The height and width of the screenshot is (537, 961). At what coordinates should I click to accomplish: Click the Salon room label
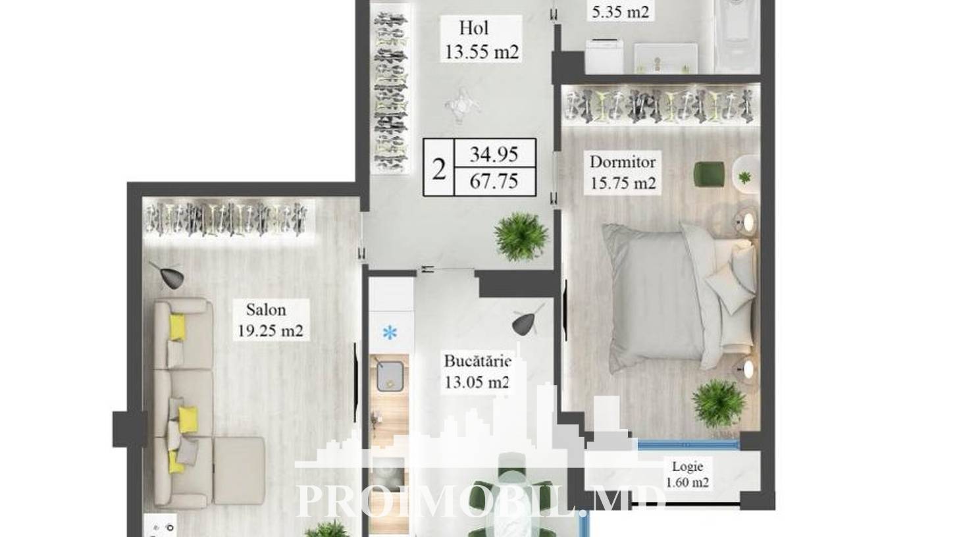tap(266, 310)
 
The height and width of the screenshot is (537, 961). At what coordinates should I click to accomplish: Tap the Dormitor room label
tap(623, 162)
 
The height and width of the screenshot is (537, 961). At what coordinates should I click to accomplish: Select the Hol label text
tap(474, 28)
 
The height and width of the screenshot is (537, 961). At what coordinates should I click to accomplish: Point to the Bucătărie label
tap(477, 361)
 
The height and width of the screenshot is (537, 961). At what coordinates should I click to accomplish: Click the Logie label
tap(687, 466)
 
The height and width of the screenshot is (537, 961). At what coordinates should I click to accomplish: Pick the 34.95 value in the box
tap(494, 155)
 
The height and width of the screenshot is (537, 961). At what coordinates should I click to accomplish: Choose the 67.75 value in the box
tap(494, 181)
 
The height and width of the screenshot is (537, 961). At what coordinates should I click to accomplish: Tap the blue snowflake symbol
tap(390, 333)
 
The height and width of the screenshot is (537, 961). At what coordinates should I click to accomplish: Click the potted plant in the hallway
tap(521, 237)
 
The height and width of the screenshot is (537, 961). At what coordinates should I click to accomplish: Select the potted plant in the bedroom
tap(719, 403)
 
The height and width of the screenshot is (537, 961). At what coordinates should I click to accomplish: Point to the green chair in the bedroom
tap(709, 174)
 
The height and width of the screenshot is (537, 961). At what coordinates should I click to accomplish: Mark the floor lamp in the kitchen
tap(527, 320)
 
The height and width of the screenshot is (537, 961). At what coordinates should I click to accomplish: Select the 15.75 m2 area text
tap(623, 184)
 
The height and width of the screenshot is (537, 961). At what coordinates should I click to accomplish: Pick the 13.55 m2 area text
tap(482, 53)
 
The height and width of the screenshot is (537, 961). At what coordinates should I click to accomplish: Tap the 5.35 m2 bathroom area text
tap(620, 12)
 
